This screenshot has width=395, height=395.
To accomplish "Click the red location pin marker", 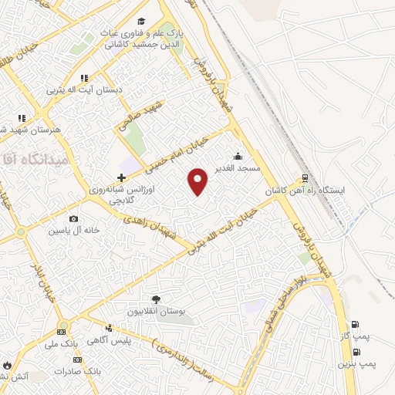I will point(199,181).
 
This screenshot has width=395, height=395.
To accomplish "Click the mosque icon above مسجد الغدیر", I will point(238,156).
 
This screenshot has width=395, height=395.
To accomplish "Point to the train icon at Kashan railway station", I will point(306,177).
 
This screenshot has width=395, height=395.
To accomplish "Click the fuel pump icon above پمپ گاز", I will point(355,325).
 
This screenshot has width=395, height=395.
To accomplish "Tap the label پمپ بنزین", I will point(356,363).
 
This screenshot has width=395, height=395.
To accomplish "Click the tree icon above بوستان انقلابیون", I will point(157,299).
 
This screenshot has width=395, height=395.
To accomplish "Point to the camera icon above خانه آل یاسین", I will point(73,219).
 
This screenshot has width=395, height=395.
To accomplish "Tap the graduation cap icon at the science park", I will point(142,21).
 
